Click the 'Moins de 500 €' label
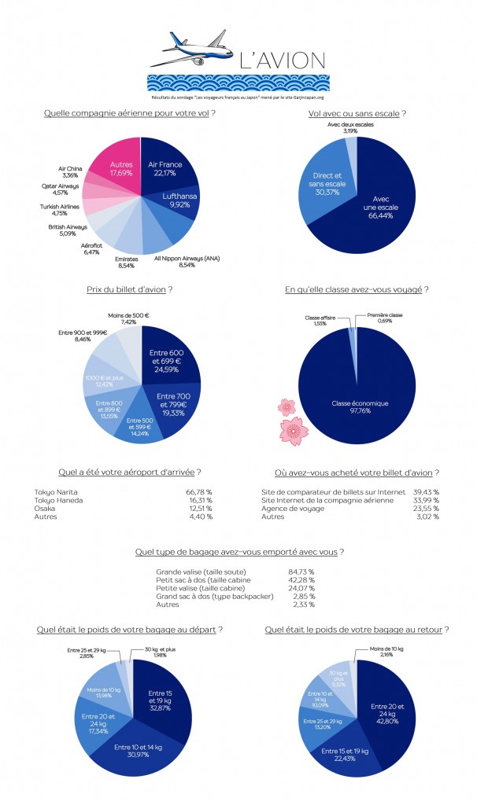(127, 318)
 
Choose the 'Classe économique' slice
(360, 403)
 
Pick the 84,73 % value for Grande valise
(301, 571)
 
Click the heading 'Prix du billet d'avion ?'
(129, 290)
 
